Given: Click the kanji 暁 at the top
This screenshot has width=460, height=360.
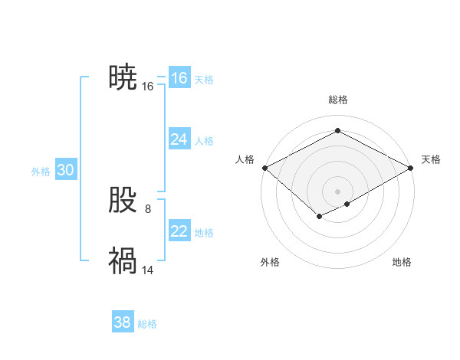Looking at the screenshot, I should [123, 78].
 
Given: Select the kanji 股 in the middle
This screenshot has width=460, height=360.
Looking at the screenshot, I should [123, 201].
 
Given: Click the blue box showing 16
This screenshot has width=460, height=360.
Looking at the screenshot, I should [179, 78].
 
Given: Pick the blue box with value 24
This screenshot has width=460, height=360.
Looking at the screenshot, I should [179, 139].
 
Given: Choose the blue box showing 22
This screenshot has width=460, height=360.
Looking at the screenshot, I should [179, 231].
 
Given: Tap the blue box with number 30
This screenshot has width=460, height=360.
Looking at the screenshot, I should [65, 171].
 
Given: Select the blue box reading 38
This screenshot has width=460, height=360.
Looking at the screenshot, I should [122, 322].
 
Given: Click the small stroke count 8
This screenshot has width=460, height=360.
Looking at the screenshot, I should [148, 208].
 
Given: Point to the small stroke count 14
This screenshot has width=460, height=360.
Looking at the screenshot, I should [148, 270].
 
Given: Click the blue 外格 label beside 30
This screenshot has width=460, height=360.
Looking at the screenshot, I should [41, 172].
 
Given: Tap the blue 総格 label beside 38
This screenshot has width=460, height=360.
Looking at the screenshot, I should [147, 324].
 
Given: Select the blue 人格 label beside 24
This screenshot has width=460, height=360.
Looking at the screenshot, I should [204, 141].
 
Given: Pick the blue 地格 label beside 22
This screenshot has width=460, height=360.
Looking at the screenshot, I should [204, 233].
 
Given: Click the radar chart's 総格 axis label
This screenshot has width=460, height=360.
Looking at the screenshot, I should [337, 100].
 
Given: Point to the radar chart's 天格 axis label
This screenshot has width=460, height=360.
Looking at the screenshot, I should [431, 159].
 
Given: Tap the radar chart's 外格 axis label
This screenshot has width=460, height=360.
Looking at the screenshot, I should [270, 262].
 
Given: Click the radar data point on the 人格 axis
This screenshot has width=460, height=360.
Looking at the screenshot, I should [264, 168].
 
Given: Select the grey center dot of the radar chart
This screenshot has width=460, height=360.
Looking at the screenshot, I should [337, 191].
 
